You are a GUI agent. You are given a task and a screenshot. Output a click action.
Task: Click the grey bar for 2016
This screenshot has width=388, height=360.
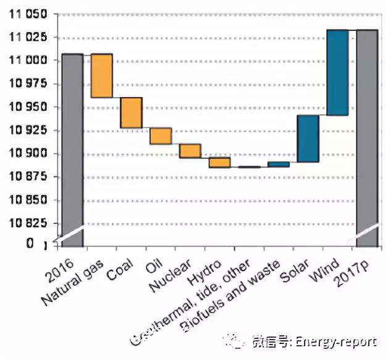point(72,148)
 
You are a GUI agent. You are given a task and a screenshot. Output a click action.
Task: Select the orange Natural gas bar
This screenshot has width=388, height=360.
point(101,75)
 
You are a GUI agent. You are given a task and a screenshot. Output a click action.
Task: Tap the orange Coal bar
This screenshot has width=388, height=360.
point(131,113)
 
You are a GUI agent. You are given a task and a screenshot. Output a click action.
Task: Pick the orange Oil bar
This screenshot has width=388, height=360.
point(161,135)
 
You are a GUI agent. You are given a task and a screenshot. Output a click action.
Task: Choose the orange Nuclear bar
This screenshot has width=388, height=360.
point(190,150)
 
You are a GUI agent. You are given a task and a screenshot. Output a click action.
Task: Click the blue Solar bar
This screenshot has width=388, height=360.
point(308,139)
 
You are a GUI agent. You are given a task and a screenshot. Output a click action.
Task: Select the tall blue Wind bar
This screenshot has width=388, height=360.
point(337,72)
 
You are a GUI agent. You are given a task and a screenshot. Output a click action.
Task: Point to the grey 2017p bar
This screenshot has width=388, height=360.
point(367,136)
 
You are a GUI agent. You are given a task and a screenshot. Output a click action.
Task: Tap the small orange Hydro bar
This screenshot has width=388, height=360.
point(219,162)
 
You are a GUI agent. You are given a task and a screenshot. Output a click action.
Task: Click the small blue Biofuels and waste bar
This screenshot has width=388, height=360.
point(279,164)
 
